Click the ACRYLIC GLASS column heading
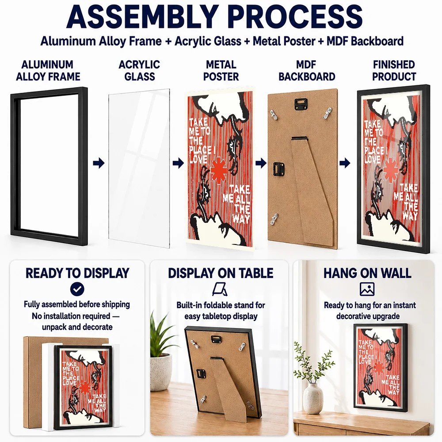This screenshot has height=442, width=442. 140,70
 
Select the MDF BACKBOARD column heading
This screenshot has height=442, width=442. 307,70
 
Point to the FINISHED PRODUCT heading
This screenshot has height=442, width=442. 394,70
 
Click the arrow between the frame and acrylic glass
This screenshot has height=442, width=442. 99,163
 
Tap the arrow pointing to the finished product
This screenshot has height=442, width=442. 345,163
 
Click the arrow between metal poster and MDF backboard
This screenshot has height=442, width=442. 261,163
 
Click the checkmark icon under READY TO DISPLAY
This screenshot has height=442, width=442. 77,289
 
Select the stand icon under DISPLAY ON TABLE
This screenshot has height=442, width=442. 220,289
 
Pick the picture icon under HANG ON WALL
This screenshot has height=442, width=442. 367,289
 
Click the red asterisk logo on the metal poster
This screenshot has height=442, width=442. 218,170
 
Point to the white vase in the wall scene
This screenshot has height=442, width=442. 313,398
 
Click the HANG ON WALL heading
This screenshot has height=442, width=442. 367,273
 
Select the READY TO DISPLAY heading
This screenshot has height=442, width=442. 77,273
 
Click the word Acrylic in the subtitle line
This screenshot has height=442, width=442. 194,41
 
